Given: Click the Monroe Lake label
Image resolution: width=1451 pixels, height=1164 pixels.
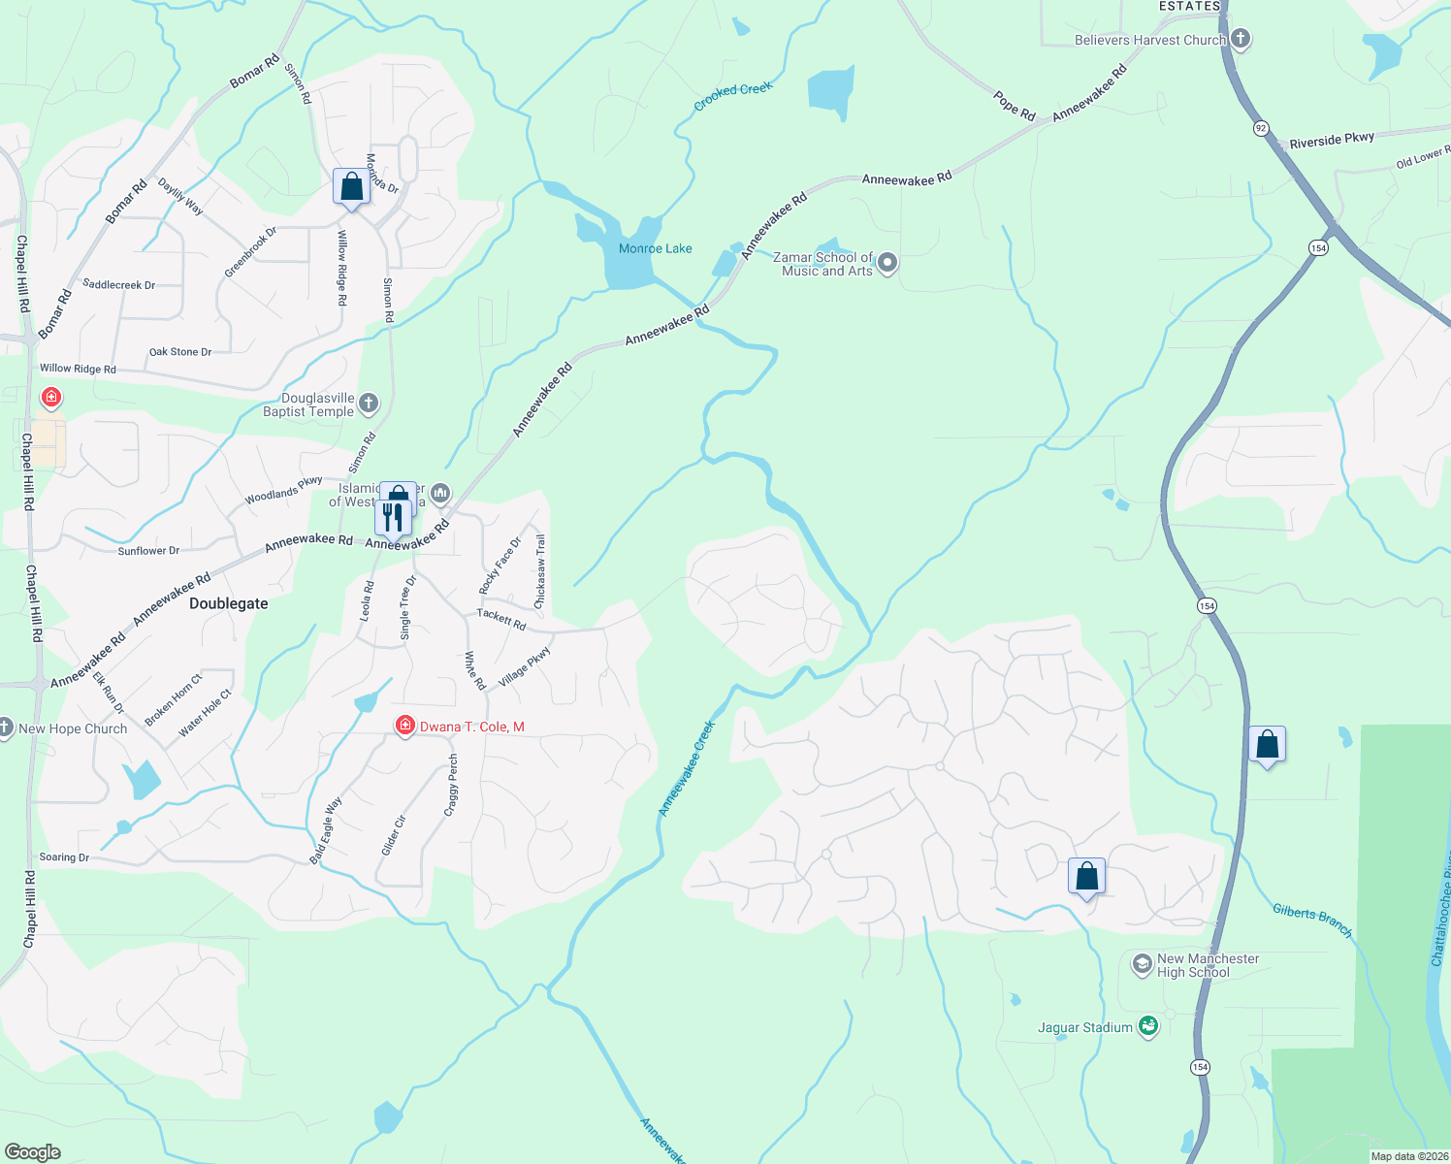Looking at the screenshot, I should (656, 248).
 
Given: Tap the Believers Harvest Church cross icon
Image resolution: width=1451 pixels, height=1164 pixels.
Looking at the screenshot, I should (1240, 39).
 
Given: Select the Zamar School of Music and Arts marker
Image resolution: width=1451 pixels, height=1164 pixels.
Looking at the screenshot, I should (887, 263).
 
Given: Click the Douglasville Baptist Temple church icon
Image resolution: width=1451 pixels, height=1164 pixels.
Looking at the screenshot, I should (368, 404).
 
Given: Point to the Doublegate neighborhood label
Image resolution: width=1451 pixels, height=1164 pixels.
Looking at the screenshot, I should (229, 603).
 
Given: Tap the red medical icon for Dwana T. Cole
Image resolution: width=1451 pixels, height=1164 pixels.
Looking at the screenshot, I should (405, 726).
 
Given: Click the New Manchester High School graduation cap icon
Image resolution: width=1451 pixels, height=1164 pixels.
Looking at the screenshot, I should (1142, 965).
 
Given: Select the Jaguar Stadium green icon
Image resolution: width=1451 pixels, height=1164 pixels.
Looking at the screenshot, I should (1148, 1026).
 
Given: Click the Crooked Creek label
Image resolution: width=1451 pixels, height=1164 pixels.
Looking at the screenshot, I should (733, 95).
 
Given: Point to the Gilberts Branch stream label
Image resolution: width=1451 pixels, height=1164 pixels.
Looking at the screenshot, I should (1312, 920).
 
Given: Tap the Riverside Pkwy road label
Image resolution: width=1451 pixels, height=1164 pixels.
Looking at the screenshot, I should (1332, 140).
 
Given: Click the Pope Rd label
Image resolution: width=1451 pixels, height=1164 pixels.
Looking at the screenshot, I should (1015, 106).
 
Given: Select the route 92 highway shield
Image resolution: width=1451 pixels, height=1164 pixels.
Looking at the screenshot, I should (1261, 128).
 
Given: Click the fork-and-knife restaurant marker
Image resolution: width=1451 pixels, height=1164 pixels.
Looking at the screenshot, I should (392, 517).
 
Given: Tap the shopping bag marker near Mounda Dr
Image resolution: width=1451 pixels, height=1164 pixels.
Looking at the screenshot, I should (351, 185).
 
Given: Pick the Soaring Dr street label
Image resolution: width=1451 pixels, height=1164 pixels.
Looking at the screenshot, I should (64, 857).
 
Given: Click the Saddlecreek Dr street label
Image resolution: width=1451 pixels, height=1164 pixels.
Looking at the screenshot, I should (119, 285).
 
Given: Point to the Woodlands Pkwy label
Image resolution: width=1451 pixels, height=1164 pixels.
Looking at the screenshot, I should (283, 490).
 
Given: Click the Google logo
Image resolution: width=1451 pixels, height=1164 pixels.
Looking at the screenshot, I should (33, 1152).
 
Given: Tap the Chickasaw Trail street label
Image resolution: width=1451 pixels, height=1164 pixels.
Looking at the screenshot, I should (541, 572).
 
